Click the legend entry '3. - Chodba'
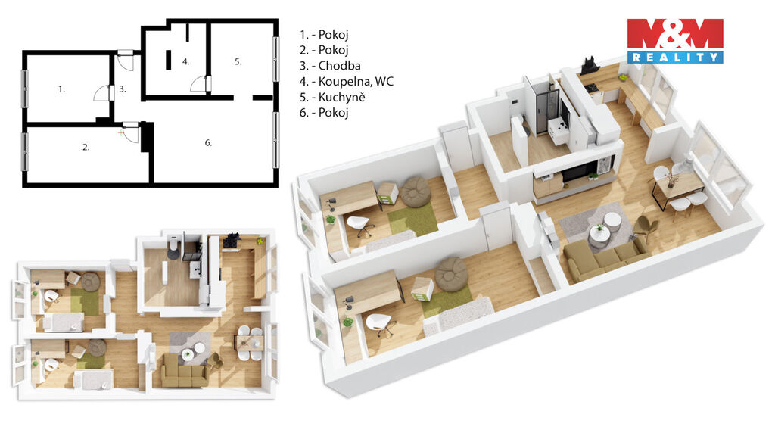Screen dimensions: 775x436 click(330, 66)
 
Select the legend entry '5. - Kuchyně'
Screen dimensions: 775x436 click(331, 97)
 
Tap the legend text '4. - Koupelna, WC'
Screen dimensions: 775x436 click(346, 81)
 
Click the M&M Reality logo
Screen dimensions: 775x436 click(675, 41)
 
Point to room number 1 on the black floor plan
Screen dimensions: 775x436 click(61, 89)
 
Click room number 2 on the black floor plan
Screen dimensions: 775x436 click(86, 148)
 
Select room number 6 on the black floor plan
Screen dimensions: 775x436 click(208, 143)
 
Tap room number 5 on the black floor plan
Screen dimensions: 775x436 click(238, 62)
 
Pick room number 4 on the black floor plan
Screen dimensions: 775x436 click(185, 62)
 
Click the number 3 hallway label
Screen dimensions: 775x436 click(122, 89)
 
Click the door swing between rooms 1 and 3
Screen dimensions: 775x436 click(102, 92)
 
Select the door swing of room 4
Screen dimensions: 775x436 click(199, 84)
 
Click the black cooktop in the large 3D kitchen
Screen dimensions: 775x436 click(591, 88)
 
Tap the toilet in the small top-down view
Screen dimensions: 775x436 click(173, 247)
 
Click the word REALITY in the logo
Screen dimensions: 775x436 click(675, 58)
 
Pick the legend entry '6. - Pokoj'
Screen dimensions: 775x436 click(324, 113)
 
